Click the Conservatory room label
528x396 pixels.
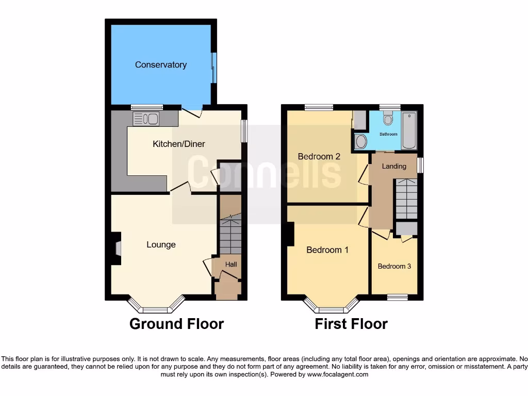[x=160, y=65]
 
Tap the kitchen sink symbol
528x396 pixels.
[x=145, y=119]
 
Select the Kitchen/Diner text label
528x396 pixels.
[x=178, y=144]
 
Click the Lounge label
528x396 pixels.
[x=161, y=245]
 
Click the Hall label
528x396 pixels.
[x=231, y=265]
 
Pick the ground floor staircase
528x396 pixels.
[x=230, y=235]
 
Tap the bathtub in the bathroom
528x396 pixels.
[x=409, y=130]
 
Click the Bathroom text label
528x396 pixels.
[x=388, y=134]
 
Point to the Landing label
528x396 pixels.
[x=394, y=166]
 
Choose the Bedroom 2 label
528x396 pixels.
[x=319, y=156]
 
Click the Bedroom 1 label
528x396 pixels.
[x=327, y=250]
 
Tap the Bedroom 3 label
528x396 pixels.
[x=394, y=267]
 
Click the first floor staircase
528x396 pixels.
[x=406, y=199]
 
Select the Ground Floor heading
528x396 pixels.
[x=176, y=324]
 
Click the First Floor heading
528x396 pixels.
[x=351, y=324]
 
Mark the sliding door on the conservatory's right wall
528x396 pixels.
[x=213, y=68]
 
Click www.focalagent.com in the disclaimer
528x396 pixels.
[x=337, y=374]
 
